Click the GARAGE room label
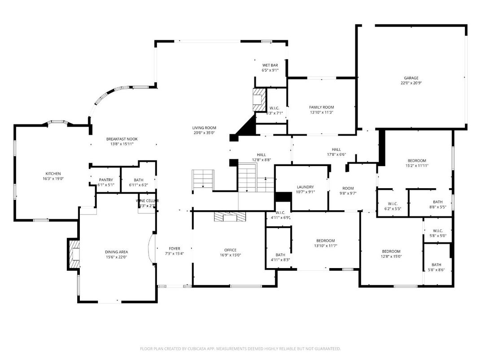coord(411,78)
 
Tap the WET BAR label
coord(270,65)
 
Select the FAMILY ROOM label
coord(321,107)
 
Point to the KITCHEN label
coord(53,174)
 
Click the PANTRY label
coord(106,180)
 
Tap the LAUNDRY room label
coord(305,187)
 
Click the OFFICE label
coord(230,250)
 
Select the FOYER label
coord(174,248)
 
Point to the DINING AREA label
coord(117,252)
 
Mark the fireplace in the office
coord(230,217)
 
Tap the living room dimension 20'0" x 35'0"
coord(204,132)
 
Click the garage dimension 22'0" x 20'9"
coord(411,83)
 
